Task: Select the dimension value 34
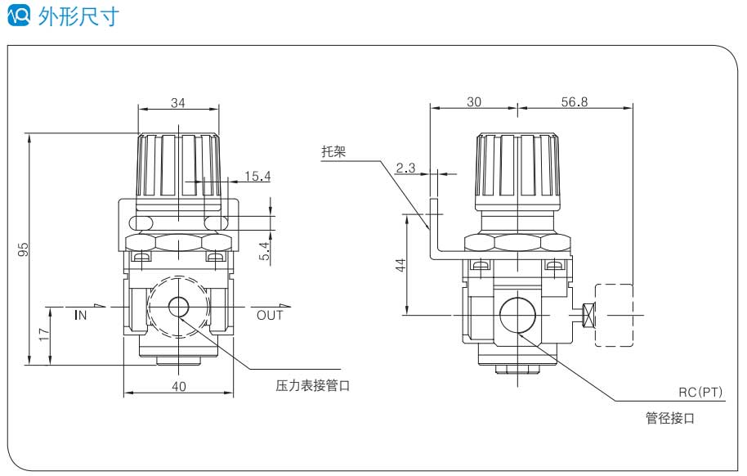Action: tap(177, 102)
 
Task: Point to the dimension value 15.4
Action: tap(257, 175)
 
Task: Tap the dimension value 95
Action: tap(24, 249)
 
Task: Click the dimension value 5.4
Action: tap(263, 251)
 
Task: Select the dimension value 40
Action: tap(179, 386)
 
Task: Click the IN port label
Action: tap(80, 314)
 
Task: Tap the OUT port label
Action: tap(270, 315)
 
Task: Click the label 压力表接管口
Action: tap(312, 384)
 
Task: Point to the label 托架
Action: tap(333, 151)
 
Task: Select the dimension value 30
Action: tap(474, 102)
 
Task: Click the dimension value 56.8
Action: tap(575, 102)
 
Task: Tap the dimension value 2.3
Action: tap(405, 168)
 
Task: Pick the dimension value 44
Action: tap(400, 265)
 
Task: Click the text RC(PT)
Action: tap(701, 392)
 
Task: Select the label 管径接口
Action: tap(669, 418)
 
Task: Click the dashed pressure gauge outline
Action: tap(615, 314)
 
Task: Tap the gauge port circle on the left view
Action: tap(177, 308)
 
